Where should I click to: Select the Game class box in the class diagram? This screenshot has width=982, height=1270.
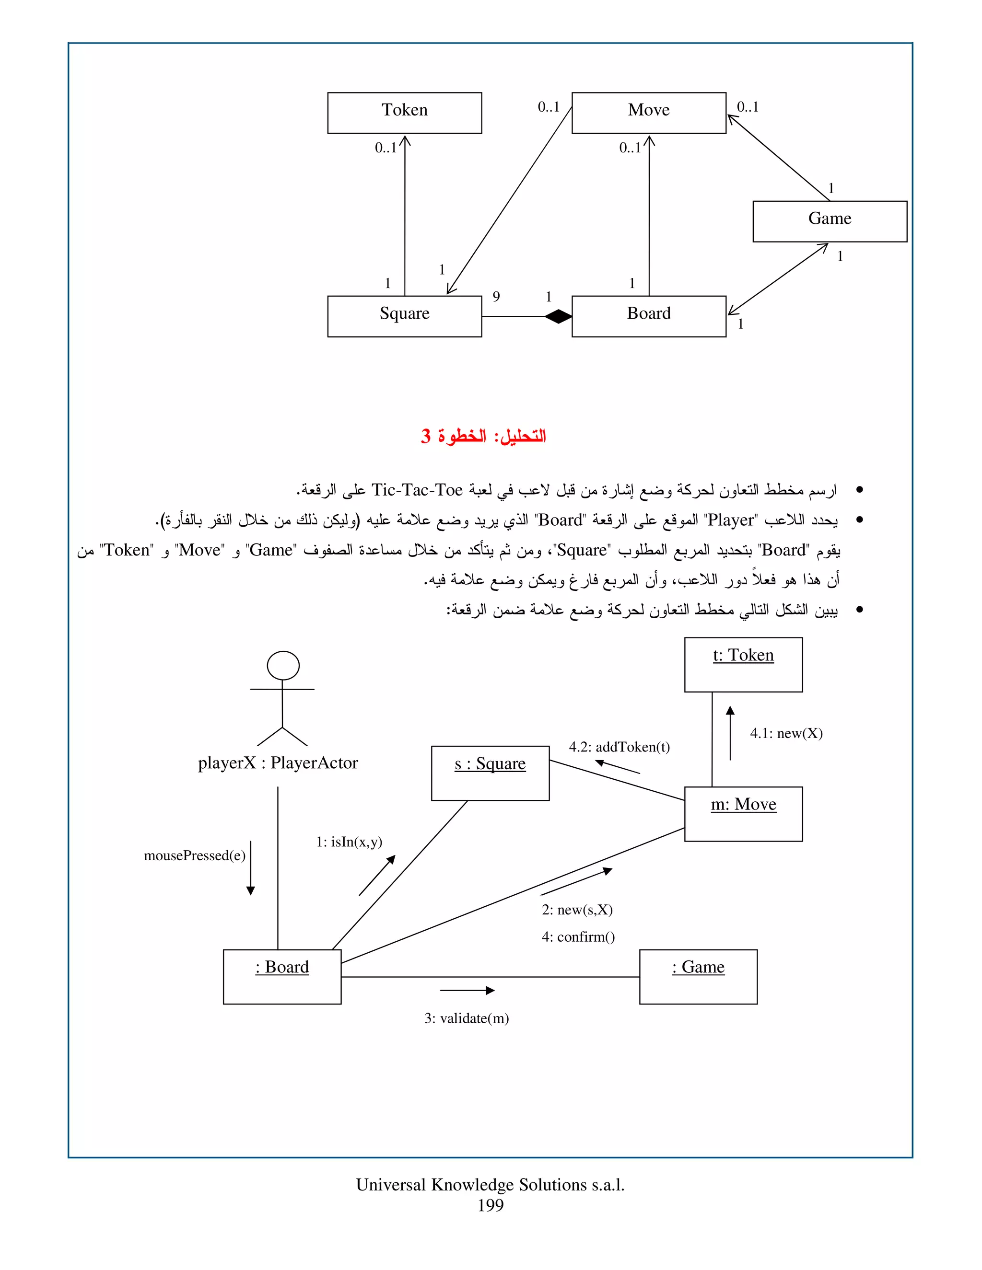click(830, 221)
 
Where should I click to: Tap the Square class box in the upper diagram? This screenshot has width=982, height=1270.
click(404, 316)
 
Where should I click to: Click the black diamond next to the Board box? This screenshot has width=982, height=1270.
click(558, 316)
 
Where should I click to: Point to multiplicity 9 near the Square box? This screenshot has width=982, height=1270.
click(496, 297)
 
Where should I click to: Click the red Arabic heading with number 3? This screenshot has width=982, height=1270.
click(483, 436)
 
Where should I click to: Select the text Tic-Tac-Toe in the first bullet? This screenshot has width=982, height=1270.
click(417, 490)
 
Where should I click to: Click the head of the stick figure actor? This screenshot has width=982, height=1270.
click(283, 665)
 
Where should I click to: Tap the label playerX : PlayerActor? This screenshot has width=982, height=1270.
click(278, 762)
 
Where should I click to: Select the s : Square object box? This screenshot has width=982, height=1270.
click(490, 773)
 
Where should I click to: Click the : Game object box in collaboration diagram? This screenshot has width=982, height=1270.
click(698, 976)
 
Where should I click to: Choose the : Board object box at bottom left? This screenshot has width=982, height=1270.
click(281, 976)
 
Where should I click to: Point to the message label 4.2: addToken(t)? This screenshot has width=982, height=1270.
click(619, 747)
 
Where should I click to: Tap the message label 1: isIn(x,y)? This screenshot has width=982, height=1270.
click(349, 842)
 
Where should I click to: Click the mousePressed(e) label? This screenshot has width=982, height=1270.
click(194, 855)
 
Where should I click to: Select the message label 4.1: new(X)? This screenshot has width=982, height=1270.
click(786, 733)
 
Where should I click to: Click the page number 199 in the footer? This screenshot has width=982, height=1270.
click(491, 1205)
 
